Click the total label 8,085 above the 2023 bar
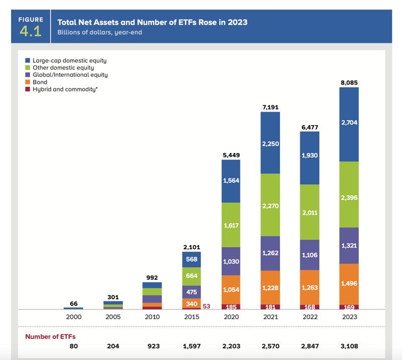coord(349,82)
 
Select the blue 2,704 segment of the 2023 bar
coord(349,123)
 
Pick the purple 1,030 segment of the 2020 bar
coord(231,261)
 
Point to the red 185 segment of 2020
coord(231,306)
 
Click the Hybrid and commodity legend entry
coord(60,89)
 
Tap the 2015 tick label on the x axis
coord(191,317)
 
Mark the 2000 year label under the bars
coord(73,317)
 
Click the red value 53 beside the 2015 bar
coord(206,306)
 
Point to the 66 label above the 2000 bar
coord(73,304)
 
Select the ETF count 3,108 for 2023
coord(349,346)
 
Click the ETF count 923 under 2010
coord(152,346)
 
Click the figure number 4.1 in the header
coord(31,32)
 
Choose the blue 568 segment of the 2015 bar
coord(191,260)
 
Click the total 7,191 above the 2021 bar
coord(270,107)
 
